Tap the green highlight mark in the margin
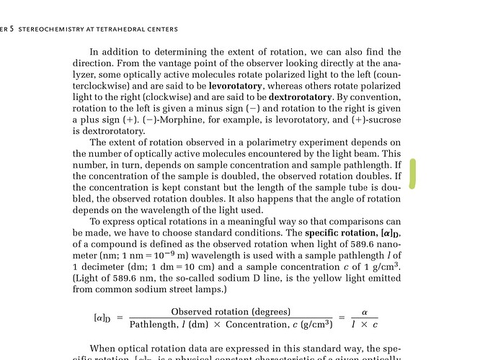[x=412, y=174]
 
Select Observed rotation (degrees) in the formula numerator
[x=231, y=312]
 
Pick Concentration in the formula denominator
[x=256, y=324]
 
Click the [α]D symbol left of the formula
[x=103, y=318]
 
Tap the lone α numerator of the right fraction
[x=365, y=312]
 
